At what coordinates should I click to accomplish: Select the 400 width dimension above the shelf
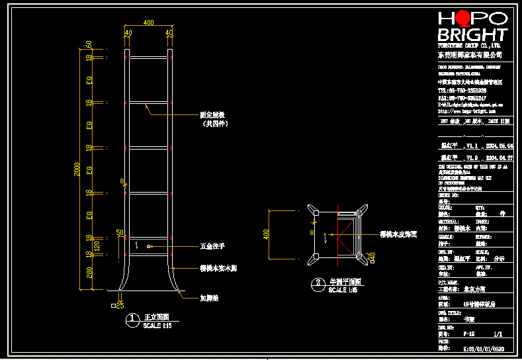pyautogui.click(x=148, y=22)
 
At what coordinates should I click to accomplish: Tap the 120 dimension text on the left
pyautogui.click(x=97, y=246)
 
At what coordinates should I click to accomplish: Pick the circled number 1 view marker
pyautogui.click(x=133, y=320)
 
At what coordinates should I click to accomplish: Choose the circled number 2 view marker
pyautogui.click(x=318, y=285)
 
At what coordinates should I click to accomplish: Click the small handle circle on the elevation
pyautogui.click(x=150, y=246)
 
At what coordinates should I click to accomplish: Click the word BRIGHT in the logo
pyautogui.click(x=472, y=35)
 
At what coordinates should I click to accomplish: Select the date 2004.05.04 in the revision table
pyautogui.click(x=500, y=146)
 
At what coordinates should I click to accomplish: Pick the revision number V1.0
pyautogui.click(x=472, y=159)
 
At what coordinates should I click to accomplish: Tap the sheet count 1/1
pyautogui.click(x=497, y=334)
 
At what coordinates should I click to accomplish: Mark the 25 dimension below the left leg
pyautogui.click(x=120, y=304)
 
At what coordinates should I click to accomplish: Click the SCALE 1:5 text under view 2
pyautogui.click(x=343, y=291)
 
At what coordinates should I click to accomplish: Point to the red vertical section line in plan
pyautogui.click(x=338, y=235)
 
